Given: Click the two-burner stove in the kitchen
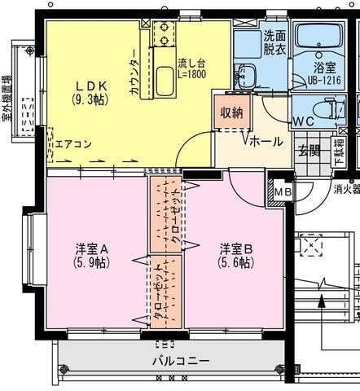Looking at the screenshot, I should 163,33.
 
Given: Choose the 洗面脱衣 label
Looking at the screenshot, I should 274,42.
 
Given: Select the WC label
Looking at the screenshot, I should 303,121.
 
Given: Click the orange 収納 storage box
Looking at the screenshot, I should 231,112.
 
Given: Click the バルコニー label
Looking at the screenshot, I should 181,360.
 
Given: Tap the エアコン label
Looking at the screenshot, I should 73,145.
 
